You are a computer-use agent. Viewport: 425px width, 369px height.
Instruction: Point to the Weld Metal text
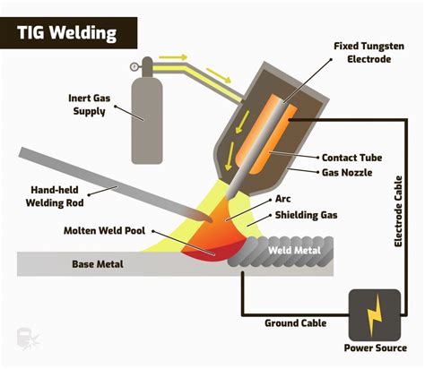(x=291, y=250)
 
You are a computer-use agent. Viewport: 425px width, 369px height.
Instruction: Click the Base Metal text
(x=97, y=264)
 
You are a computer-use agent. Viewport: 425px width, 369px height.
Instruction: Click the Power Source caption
(x=374, y=348)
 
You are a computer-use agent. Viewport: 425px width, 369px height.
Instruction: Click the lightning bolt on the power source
(x=374, y=312)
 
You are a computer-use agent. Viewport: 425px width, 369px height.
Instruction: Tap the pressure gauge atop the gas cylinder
(x=135, y=64)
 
